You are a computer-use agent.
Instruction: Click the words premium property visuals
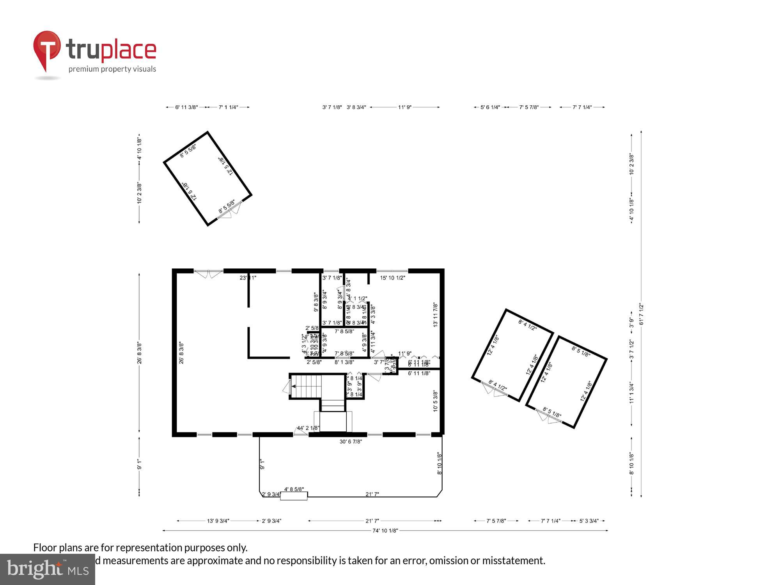[x=112, y=69]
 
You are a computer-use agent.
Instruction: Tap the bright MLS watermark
[x=48, y=569]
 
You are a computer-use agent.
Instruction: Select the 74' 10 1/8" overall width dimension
[x=385, y=530]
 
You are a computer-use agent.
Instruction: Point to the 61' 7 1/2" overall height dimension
[x=641, y=314]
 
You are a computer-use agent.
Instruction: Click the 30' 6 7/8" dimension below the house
[x=351, y=441]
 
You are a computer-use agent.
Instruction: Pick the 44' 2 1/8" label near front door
[x=308, y=428]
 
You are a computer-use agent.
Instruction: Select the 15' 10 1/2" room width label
[x=392, y=278]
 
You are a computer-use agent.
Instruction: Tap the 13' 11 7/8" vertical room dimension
[x=436, y=314]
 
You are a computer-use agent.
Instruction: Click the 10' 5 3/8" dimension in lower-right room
[x=436, y=401]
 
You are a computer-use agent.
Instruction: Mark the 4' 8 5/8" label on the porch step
[x=294, y=489]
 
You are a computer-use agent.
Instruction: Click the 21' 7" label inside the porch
[x=372, y=494]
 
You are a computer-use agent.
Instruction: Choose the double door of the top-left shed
[x=230, y=211]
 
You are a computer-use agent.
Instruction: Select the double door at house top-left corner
[x=208, y=273]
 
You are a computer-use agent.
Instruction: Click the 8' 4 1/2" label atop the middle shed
[x=527, y=325]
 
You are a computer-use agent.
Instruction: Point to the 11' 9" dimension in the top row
[x=404, y=107]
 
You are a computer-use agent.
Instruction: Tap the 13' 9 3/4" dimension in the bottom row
[x=218, y=521]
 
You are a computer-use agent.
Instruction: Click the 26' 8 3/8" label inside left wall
[x=181, y=353]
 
